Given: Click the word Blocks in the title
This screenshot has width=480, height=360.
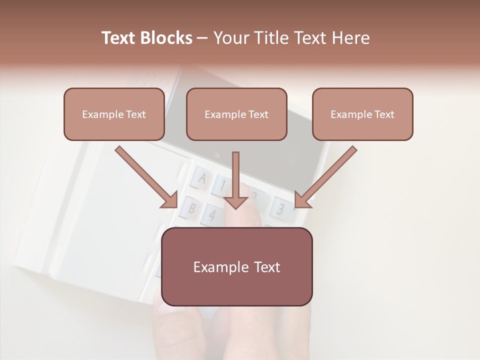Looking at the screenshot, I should coord(166,38).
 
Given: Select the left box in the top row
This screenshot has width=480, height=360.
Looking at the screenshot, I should coord(114,114).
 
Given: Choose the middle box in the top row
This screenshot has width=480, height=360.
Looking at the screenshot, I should coord(236,114).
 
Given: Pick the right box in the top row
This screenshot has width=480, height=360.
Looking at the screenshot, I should coord(362,114).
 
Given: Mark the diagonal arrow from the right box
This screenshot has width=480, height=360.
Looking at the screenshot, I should coord(326,177).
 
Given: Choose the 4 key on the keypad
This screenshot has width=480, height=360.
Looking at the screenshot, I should coord(212,215).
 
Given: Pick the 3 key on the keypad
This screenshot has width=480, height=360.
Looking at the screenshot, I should coord(280,209).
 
